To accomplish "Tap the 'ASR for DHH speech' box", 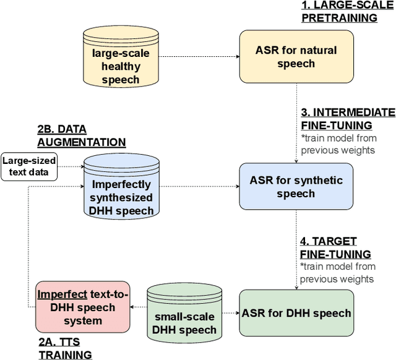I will click(x=296, y=313).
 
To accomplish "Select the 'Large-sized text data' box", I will click(x=29, y=166).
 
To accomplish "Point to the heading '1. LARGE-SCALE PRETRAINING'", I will click(x=339, y=11).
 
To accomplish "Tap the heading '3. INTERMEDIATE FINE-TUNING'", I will click(x=347, y=119).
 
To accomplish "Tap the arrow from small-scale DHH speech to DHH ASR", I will click(x=230, y=313).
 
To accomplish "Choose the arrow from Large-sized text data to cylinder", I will click(x=71, y=166).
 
